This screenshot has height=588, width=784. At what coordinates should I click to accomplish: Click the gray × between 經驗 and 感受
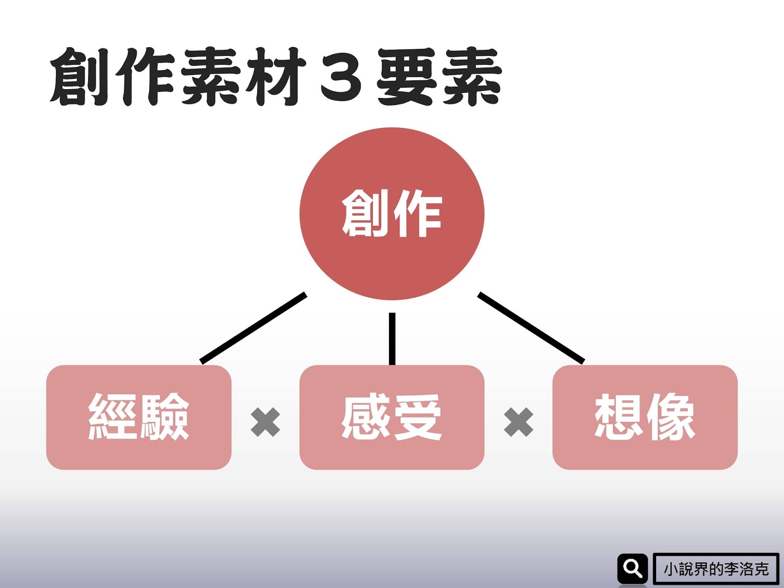pos(265,422)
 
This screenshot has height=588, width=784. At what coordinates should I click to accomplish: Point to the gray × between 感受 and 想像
pos(518,422)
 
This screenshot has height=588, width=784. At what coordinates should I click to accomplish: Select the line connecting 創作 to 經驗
pos(253,328)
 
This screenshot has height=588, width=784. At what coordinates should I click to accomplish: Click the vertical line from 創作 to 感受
pos(392,339)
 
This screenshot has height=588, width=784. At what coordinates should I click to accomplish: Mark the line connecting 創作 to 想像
pos(531,328)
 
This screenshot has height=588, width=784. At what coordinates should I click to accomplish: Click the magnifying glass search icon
pos(632,568)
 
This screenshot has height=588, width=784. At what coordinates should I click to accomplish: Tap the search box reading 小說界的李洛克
pos(716,569)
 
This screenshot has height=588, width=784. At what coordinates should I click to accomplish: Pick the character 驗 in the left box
pos(164,417)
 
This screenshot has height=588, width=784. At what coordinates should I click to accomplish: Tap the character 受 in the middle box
pos(417,417)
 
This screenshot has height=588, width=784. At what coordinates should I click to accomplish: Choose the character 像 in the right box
pos(671,417)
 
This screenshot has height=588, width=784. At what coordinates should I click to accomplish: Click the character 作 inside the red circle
pos(418,214)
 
